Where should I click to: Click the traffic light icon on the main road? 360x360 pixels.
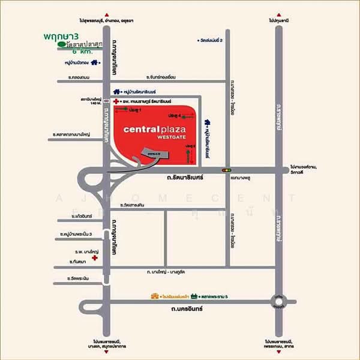[227, 170]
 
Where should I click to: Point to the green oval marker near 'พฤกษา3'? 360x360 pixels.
[61, 44]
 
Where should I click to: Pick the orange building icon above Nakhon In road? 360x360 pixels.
[156, 296]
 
